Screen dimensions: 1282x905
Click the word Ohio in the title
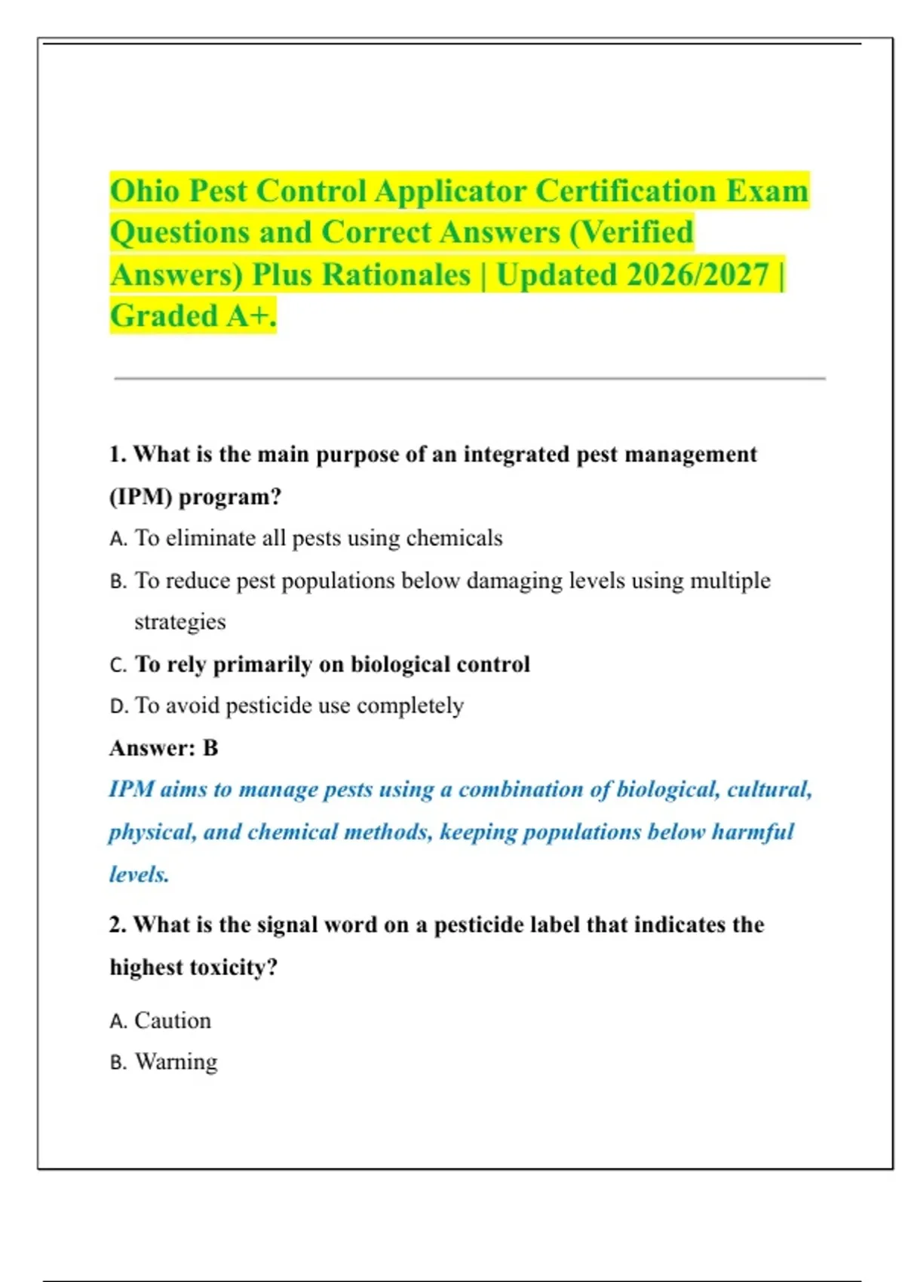pyautogui.click(x=144, y=191)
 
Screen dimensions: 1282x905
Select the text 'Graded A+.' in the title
pyautogui.click(x=193, y=316)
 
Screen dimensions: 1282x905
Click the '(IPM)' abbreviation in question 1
pyautogui.click(x=140, y=498)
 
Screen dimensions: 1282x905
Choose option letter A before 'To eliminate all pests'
pyautogui.click(x=118, y=539)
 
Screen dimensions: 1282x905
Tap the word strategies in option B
pyautogui.click(x=179, y=622)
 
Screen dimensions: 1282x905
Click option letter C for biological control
pyautogui.click(x=118, y=665)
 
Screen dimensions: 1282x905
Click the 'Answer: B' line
pyautogui.click(x=164, y=748)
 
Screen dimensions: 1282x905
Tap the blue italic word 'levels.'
pyautogui.click(x=139, y=875)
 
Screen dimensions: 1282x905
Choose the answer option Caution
pyautogui.click(x=172, y=1021)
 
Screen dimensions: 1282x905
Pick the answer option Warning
pyautogui.click(x=176, y=1062)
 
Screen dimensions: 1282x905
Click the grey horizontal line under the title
pyautogui.click(x=469, y=379)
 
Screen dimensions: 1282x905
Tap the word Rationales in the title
pyautogui.click(x=397, y=274)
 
